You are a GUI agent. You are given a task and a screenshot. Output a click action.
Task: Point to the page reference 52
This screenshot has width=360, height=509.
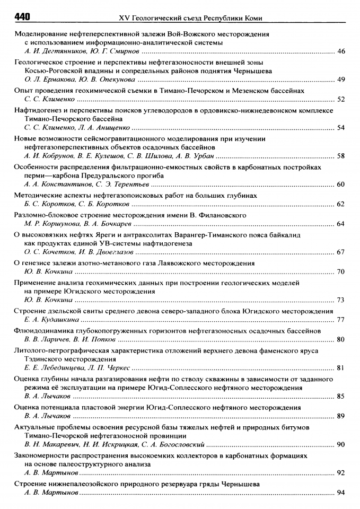341,99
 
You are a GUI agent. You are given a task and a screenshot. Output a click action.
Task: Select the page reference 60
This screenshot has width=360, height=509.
341,185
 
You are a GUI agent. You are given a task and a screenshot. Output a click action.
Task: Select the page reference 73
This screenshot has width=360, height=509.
341,300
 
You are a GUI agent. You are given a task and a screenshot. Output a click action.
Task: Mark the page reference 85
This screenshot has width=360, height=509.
341,396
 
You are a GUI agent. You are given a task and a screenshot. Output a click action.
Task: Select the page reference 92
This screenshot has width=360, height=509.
341,472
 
